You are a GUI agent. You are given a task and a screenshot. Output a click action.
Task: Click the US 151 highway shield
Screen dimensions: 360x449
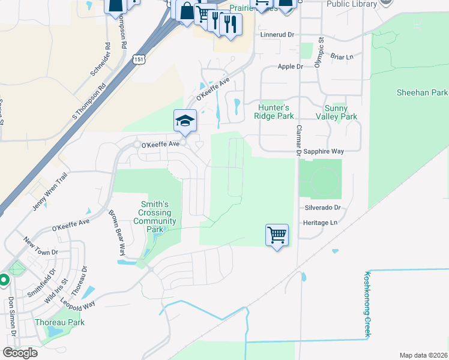click(x=139, y=59)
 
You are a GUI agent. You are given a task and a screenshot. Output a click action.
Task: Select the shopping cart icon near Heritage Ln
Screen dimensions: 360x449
click(x=277, y=235)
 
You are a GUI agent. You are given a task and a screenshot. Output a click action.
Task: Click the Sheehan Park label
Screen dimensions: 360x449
click(x=423, y=93)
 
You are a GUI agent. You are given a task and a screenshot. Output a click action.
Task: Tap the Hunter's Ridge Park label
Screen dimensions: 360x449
click(x=274, y=112)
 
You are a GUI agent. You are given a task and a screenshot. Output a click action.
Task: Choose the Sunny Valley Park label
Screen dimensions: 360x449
click(x=340, y=112)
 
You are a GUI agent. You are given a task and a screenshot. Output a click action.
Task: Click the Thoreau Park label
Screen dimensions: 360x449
click(x=59, y=322)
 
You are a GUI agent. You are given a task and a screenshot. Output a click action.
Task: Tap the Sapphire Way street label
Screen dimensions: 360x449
click(x=323, y=152)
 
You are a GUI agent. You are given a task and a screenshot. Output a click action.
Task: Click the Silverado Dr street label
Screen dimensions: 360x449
click(x=322, y=208)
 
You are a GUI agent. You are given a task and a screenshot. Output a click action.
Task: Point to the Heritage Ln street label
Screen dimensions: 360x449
click(x=321, y=223)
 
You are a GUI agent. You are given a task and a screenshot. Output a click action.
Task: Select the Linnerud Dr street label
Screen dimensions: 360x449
click(x=279, y=35)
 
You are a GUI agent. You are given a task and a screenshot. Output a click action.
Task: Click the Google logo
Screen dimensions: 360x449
click(x=20, y=353)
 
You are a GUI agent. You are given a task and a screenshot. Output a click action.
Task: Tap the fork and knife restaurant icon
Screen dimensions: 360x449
click(x=229, y=24)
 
